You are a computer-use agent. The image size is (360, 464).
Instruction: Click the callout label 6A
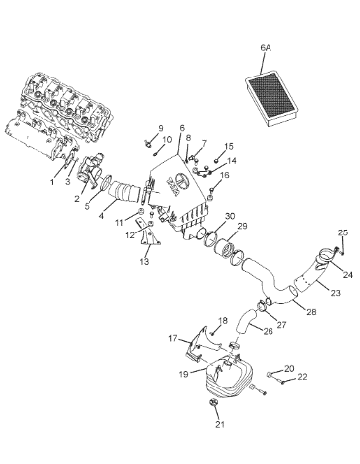[x=266, y=48]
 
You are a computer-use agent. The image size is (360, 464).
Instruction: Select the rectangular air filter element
[x=272, y=98]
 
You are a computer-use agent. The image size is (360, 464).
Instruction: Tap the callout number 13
[x=144, y=262]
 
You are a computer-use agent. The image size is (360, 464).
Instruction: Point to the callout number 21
[x=221, y=424]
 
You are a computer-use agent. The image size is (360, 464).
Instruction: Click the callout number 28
[x=311, y=312]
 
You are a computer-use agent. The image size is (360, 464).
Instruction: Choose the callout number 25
[x=343, y=232]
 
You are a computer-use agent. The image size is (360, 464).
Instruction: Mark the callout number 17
[x=173, y=338]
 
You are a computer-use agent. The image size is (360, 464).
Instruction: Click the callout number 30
[x=230, y=216]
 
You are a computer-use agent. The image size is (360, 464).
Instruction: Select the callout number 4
[x=101, y=216]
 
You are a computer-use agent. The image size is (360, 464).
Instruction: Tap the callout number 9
[x=161, y=128]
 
